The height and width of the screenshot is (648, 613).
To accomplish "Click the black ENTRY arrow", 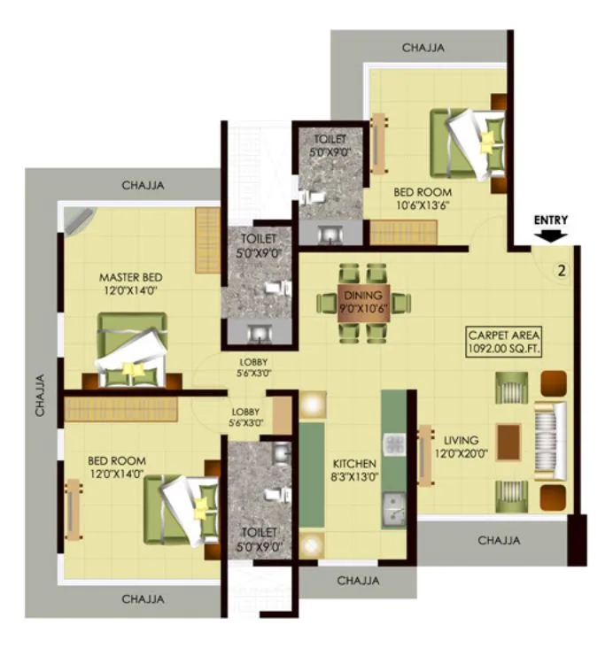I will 550,235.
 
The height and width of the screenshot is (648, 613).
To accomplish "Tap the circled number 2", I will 560,271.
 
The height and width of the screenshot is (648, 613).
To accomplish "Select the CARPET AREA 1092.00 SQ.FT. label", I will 505,342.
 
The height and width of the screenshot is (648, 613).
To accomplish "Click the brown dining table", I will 364,302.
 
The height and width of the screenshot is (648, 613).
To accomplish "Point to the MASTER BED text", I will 130,276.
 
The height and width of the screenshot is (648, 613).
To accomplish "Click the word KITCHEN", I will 355,464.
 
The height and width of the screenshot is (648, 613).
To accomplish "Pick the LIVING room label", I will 461,440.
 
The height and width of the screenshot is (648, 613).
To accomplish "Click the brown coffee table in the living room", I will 508,440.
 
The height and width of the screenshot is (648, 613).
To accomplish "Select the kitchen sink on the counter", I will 393,508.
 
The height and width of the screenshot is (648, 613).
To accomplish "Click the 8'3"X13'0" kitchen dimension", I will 355,477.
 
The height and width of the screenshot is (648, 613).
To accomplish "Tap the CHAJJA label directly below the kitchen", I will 358,582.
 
